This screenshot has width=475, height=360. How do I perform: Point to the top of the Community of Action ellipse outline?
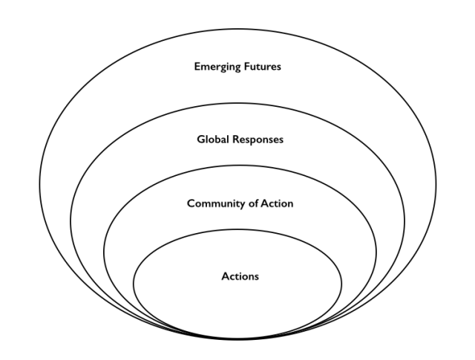pyautogui.click(x=237, y=165)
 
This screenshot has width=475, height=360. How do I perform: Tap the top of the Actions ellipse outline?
pyautogui.click(x=237, y=229)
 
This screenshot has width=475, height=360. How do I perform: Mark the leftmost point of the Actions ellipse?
pyautogui.click(x=133, y=283)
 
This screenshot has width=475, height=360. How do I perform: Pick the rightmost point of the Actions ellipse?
pyautogui.click(x=342, y=283)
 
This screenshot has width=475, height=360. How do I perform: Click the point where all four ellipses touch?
pyautogui.click(x=237, y=338)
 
